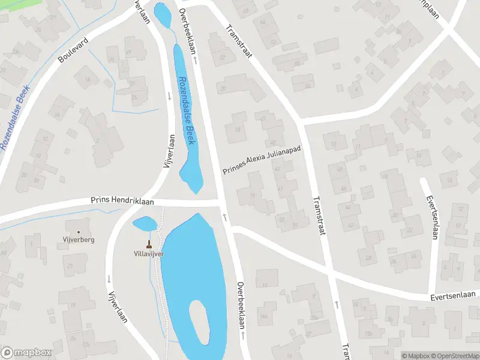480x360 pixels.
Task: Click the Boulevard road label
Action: click(x=73, y=50)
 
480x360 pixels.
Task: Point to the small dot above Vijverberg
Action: click(x=79, y=232)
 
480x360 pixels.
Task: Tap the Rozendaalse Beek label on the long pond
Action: click(x=187, y=106)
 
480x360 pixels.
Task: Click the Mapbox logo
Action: click(x=26, y=353)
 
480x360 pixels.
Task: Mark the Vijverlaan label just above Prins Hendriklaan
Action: click(x=170, y=152)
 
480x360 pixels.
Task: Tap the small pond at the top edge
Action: click(x=161, y=13)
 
